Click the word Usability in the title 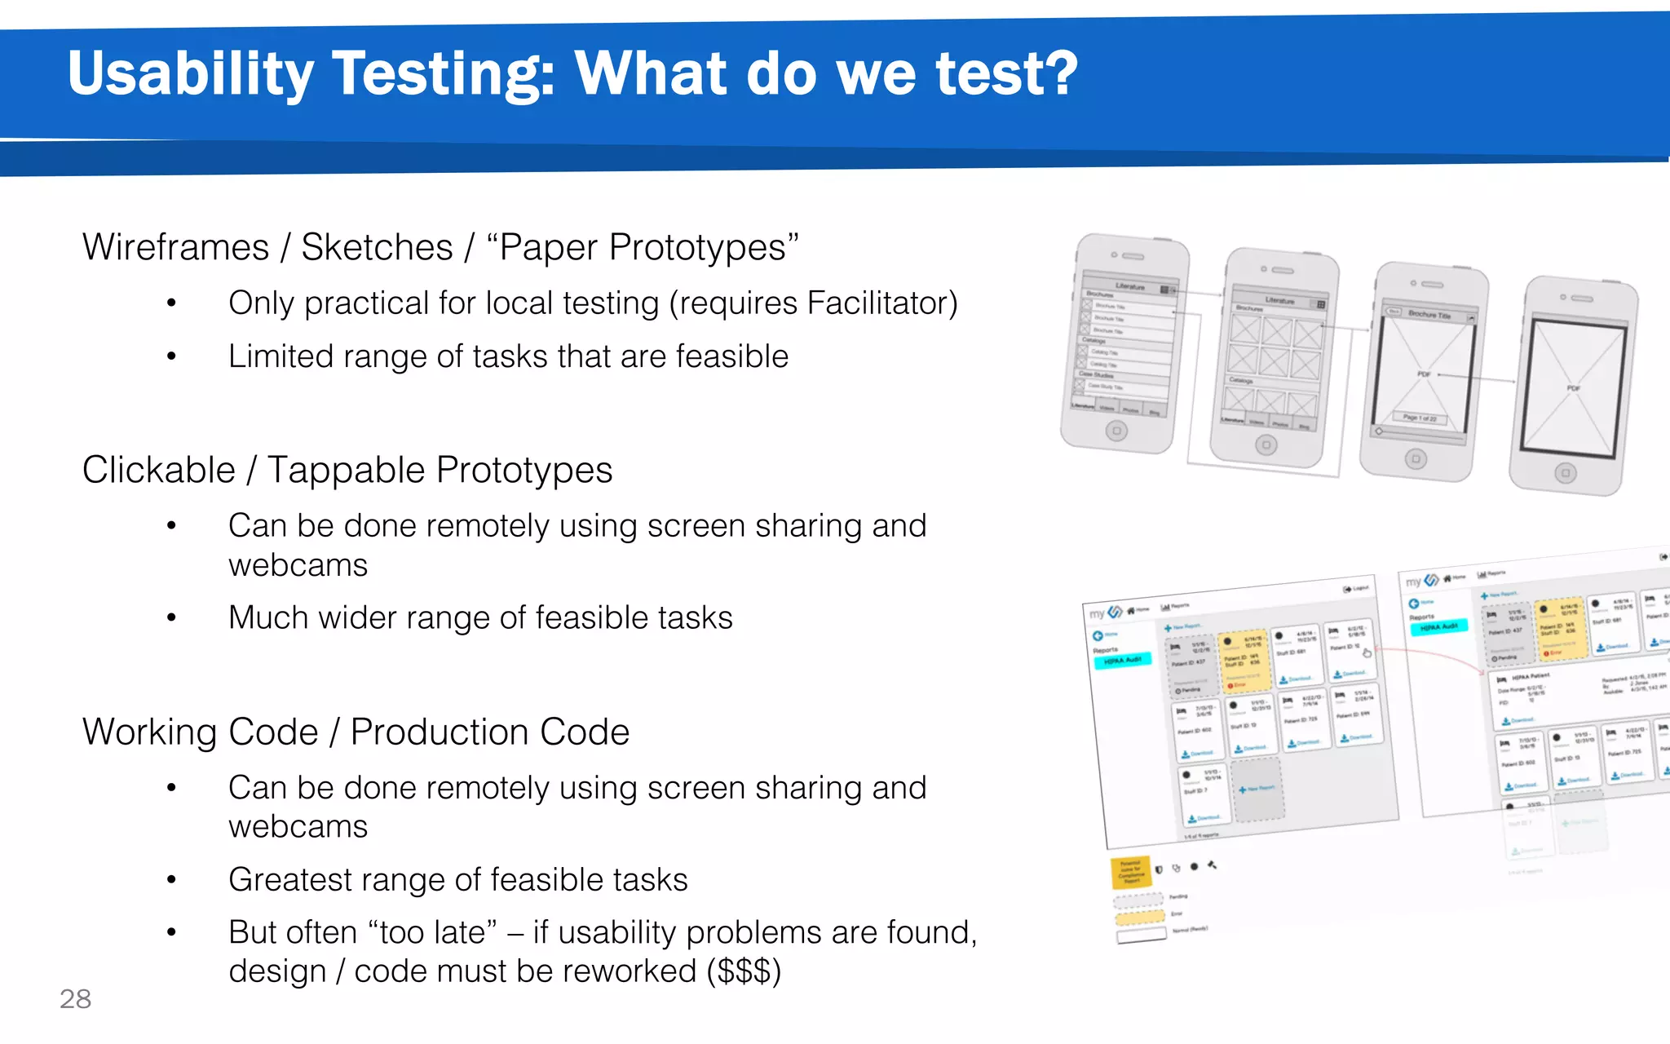pos(190,73)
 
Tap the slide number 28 pos(75,998)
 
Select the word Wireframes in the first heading pos(175,247)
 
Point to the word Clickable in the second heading pos(159,471)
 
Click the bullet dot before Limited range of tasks pos(171,356)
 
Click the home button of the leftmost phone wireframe pos(1116,430)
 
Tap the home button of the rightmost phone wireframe pos(1564,473)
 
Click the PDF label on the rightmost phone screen pos(1573,388)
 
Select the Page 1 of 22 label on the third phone pos(1420,418)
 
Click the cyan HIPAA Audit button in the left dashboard pos(1122,660)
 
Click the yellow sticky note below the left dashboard pos(1130,872)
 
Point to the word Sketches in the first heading pos(377,247)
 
